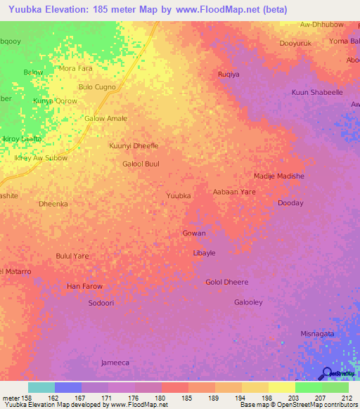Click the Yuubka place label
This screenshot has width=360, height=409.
pos(178,195)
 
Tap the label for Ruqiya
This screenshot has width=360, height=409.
pos(229,74)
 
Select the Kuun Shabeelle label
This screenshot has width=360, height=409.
pos(317,92)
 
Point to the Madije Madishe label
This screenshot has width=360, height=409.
pos(279,176)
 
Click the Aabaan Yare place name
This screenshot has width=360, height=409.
pos(234,191)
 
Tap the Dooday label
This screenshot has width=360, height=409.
pos(290,203)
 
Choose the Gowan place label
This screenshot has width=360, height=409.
pos(194,233)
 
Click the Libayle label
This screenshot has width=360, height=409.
pos(204,252)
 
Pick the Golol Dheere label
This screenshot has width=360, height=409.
pos(226,282)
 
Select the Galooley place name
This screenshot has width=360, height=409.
pos(248,302)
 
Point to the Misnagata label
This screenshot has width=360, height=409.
pos(317,334)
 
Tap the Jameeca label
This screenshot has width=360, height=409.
pos(115,363)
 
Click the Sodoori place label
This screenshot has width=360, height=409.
pos(101,303)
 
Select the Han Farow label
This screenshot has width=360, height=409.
pos(84,286)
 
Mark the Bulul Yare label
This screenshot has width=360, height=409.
pos(72,256)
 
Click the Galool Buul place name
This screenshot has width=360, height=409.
pos(141,164)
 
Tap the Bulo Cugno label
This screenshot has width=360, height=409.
pos(97,86)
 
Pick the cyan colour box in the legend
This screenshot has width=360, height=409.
pos(41,387)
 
